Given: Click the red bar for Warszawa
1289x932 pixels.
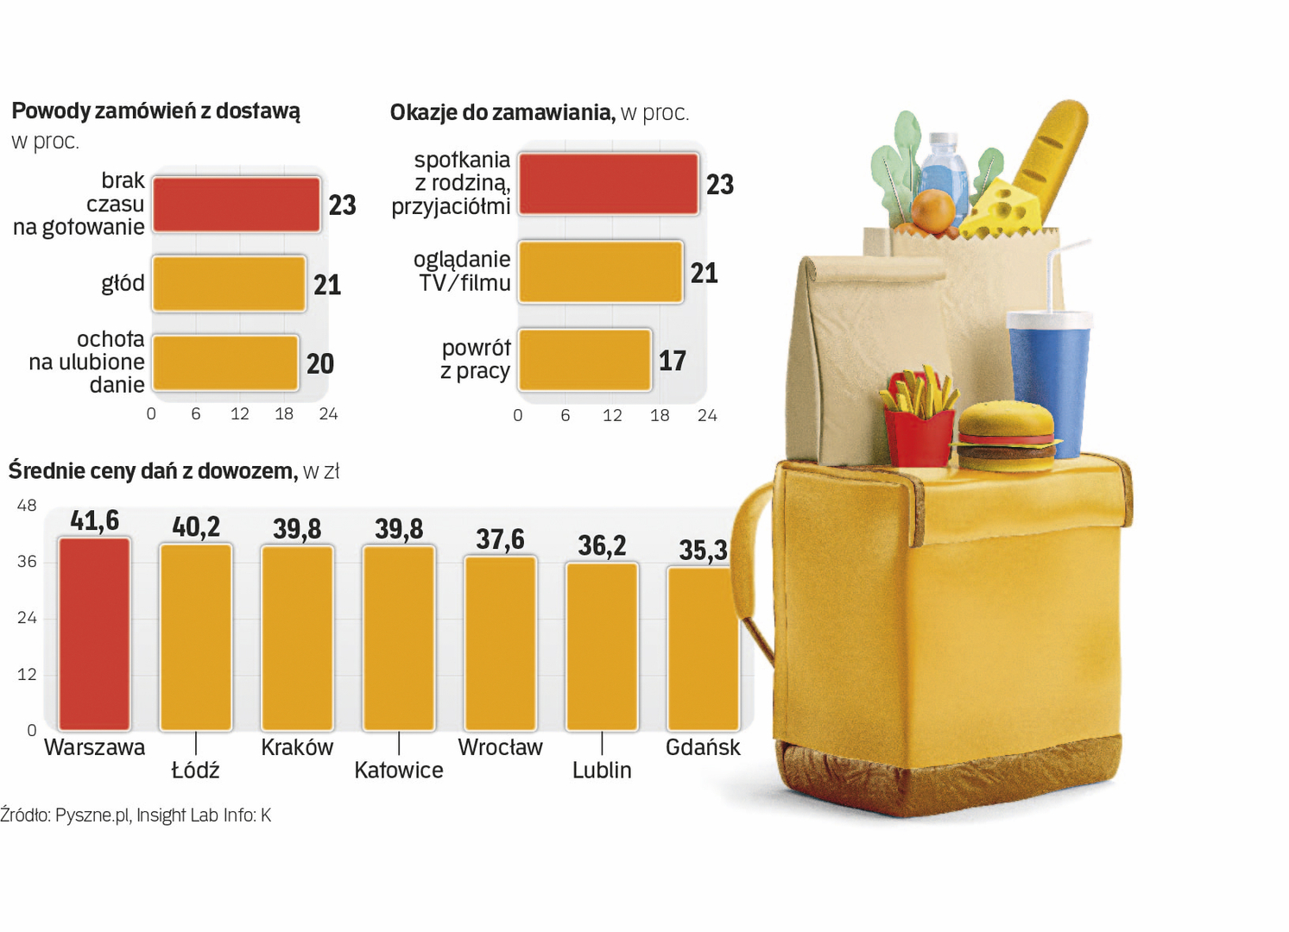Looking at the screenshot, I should [94, 633].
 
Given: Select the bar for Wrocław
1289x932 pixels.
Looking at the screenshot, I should [500, 643].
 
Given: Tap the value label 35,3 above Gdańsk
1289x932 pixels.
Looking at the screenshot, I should [703, 550].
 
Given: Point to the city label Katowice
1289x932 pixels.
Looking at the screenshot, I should [398, 770].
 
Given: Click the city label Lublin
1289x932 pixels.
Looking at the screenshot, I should [602, 770].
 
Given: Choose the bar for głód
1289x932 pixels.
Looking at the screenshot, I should [229, 283].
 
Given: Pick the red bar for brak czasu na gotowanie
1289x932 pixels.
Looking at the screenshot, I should [237, 205].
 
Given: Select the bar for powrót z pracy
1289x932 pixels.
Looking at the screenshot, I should [584, 360].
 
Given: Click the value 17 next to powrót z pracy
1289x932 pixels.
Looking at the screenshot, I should [672, 361].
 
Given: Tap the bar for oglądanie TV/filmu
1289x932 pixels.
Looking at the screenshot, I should [601, 273].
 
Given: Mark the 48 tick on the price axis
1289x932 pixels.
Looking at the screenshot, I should [27, 506].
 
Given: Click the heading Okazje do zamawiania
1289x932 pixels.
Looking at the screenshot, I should [502, 113].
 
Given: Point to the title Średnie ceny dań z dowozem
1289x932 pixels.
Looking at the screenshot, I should [152, 471].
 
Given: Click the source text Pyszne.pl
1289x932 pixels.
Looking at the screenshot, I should [92, 815].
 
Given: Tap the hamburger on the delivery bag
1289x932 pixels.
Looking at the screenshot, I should [1006, 436].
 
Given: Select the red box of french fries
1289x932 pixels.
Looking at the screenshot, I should [917, 436].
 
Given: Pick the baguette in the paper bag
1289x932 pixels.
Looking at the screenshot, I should [1050, 160].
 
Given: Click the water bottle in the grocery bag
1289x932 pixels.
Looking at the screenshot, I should [944, 167].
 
